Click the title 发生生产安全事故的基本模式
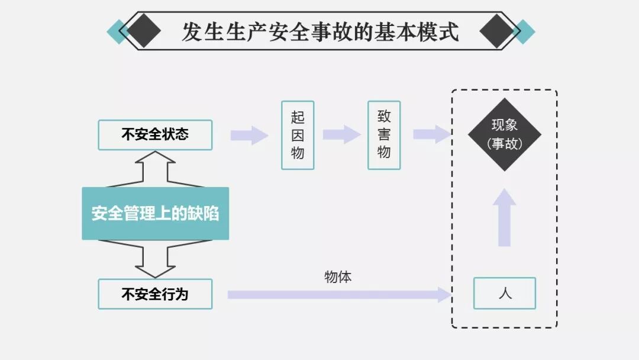[320, 31]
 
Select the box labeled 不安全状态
[155, 135]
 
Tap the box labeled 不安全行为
[155, 294]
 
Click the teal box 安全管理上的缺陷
[155, 214]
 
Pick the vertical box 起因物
[298, 135]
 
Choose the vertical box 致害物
[384, 135]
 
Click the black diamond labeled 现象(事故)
[504, 135]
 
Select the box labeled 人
[504, 293]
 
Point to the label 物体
[338, 277]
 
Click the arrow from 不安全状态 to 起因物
[249, 135]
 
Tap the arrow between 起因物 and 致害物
[341, 134]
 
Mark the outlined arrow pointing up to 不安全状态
[155, 169]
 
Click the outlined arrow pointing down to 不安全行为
[155, 259]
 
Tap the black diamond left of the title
[144, 31]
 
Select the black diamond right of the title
[496, 31]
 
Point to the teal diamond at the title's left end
[117, 31]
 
